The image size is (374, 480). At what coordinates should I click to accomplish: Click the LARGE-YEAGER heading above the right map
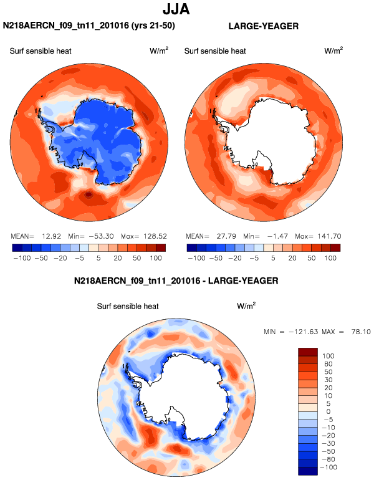click(x=264, y=26)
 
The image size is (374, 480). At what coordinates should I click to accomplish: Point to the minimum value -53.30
click(x=99, y=237)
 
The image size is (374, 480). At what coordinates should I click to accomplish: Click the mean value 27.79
click(x=224, y=237)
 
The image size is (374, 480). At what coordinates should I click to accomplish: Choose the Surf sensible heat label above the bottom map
click(x=128, y=306)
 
